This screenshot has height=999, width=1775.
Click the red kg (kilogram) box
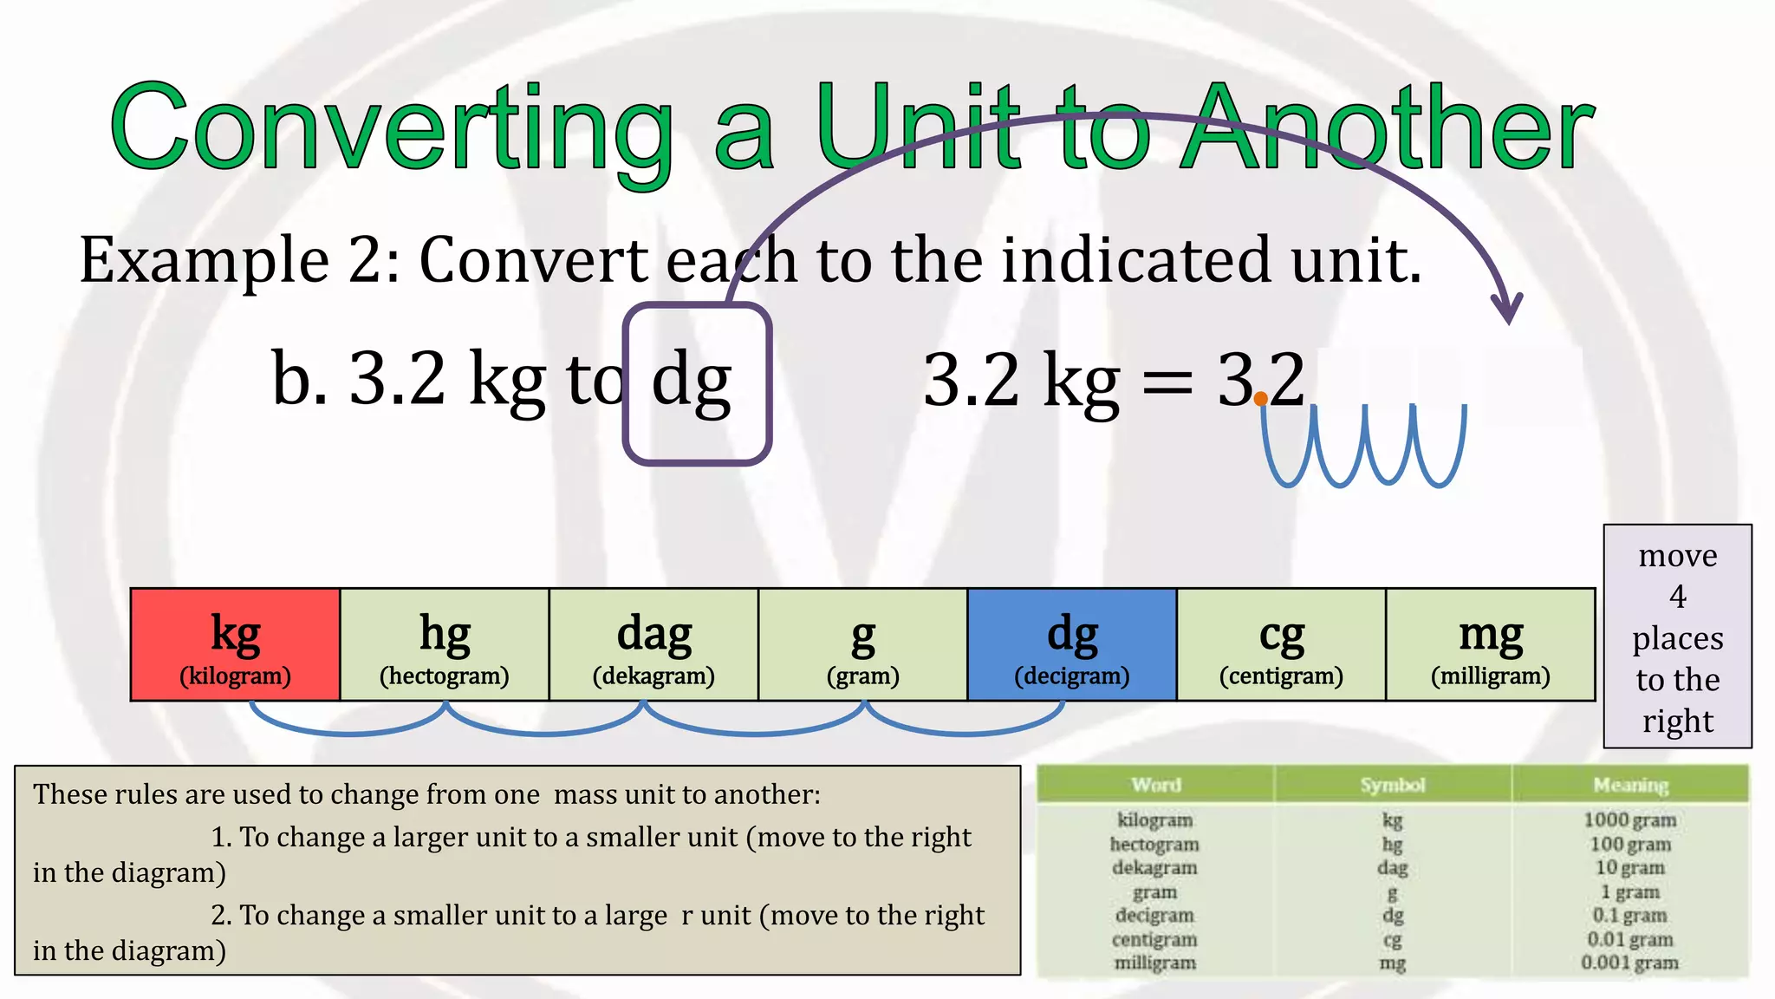(235, 644)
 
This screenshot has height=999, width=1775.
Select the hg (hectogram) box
(445, 644)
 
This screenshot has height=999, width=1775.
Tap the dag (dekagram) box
(653, 644)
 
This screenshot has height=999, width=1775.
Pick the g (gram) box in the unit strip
(862, 644)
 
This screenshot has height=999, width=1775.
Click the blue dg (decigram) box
(1072, 644)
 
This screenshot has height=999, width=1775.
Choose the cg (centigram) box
(1281, 644)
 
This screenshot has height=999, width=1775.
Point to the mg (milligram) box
(1491, 644)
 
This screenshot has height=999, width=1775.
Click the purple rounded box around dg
(697, 383)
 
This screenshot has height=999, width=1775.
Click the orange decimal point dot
(1261, 399)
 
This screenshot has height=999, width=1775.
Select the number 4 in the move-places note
(1678, 597)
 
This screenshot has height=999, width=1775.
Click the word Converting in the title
(390, 128)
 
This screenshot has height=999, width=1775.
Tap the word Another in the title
(1387, 128)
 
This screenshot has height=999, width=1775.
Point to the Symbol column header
(1392, 785)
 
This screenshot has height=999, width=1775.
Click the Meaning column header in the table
(1630, 785)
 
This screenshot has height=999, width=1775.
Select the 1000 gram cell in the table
(1629, 819)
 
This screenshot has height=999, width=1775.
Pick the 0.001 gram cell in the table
(1629, 963)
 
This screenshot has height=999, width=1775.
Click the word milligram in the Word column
(1154, 963)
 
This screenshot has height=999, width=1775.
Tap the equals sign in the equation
(1167, 382)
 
